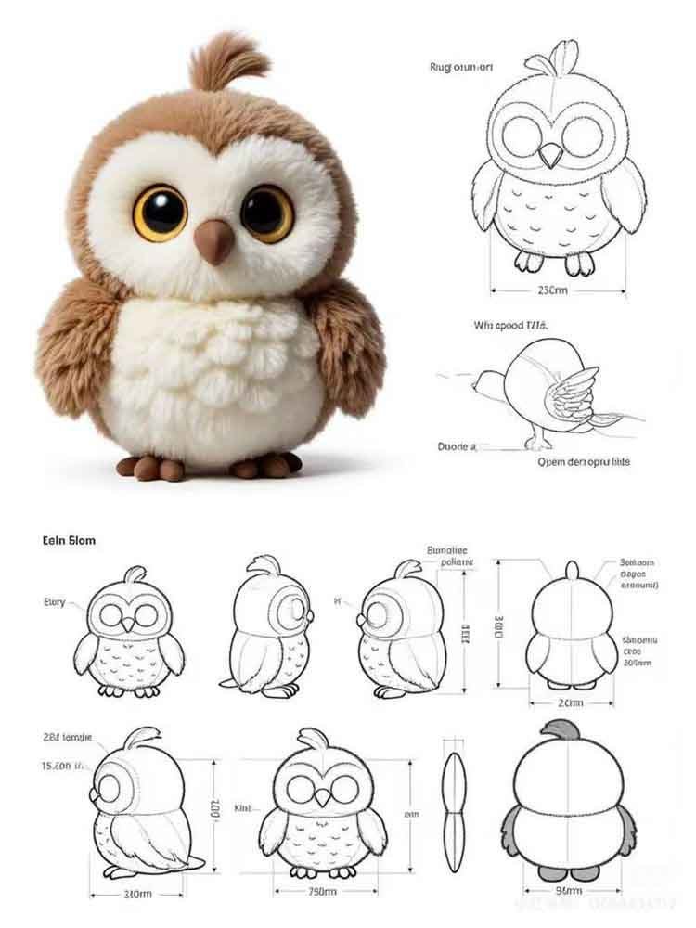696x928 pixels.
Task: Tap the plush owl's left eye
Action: point(161,213)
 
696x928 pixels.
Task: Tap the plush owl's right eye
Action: point(267,213)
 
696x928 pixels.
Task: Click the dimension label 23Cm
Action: point(553,290)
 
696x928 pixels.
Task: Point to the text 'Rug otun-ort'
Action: point(460,67)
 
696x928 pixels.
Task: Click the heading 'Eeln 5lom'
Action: point(69,539)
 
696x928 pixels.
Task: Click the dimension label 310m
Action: point(136,895)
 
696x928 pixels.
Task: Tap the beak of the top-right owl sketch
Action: point(552,155)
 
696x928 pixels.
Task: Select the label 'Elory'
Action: point(55,603)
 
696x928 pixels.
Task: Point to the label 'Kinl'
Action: point(244,807)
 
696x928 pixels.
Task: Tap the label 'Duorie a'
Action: point(456,446)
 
